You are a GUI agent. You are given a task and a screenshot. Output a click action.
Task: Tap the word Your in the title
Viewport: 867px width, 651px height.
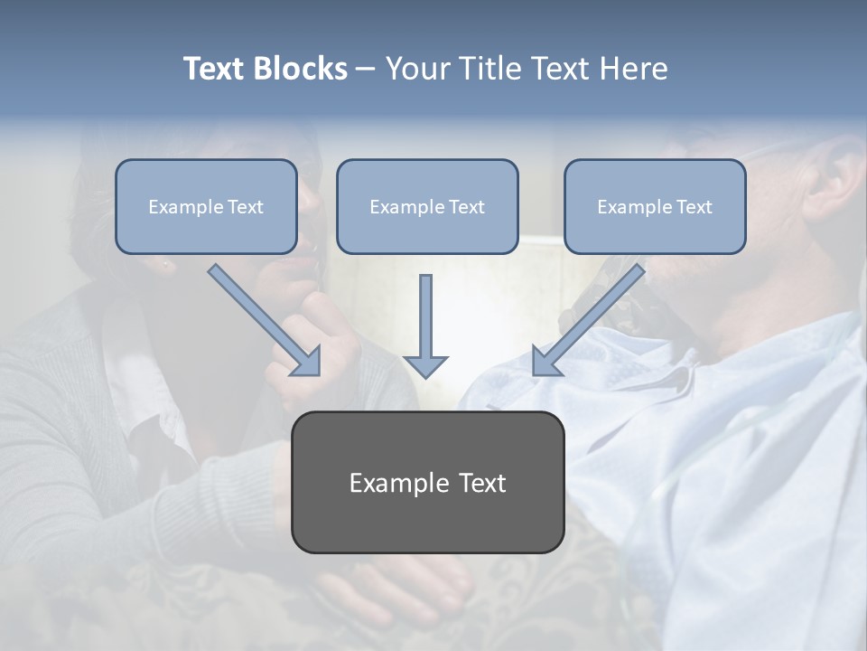pyautogui.click(x=419, y=69)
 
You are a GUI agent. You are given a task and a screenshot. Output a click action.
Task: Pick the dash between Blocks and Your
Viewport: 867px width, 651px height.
pyautogui.click(x=366, y=70)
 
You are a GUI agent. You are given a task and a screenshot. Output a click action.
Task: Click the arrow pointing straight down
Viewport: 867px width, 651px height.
pyautogui.click(x=425, y=325)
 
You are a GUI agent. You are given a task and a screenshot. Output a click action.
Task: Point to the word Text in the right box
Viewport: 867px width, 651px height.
pyautogui.click(x=695, y=207)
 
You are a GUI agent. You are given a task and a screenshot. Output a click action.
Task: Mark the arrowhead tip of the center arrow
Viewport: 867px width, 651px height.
pyautogui.click(x=425, y=375)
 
